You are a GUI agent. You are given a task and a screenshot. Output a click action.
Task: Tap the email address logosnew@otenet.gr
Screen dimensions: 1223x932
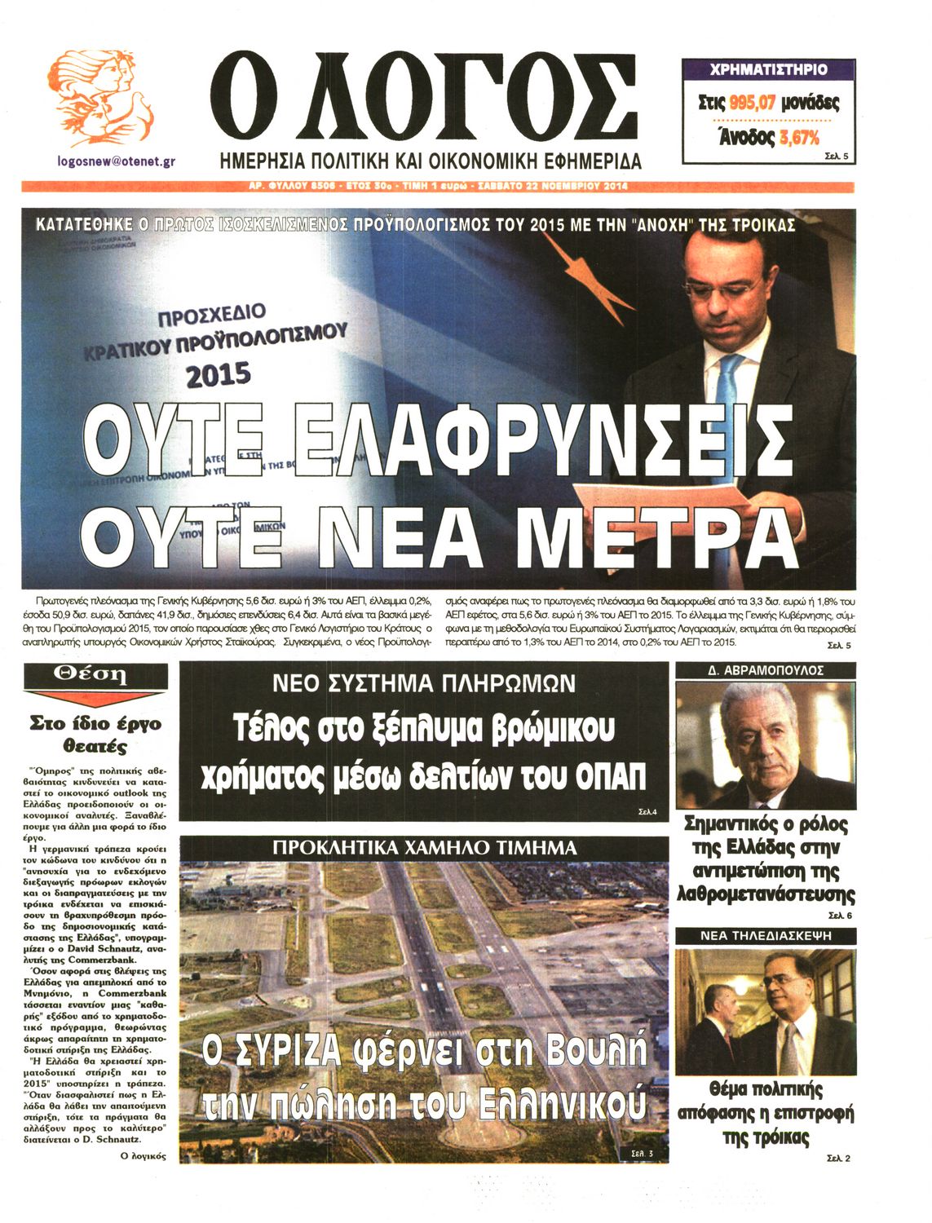click(x=117, y=161)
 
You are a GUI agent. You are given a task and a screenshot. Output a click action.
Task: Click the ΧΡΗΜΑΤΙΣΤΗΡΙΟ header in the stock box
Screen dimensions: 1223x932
click(x=768, y=69)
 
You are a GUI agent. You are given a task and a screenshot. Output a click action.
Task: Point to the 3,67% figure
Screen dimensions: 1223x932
click(x=800, y=138)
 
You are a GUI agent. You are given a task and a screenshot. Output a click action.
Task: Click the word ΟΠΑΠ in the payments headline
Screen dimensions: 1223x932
click(x=611, y=776)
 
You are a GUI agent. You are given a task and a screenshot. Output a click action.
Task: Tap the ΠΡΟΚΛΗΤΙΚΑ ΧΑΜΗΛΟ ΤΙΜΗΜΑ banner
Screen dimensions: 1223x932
click(x=424, y=848)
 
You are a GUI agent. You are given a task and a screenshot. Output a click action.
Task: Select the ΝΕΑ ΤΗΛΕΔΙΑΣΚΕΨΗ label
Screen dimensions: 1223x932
click(x=765, y=936)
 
